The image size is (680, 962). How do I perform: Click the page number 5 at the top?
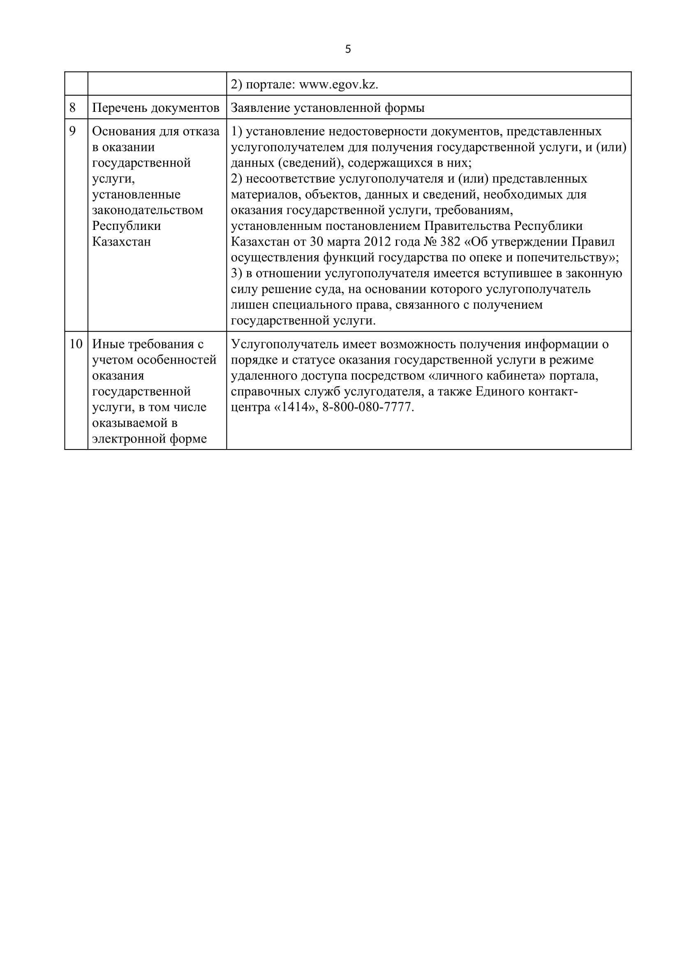tap(348, 49)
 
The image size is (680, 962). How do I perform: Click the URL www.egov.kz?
tap(338, 85)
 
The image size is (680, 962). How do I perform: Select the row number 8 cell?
tap(73, 108)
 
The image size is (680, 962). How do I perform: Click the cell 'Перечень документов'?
tap(155, 108)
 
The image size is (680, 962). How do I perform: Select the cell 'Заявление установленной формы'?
tap(327, 108)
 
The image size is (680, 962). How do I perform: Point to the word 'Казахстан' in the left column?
tap(121, 242)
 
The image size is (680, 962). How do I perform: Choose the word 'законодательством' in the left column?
tap(148, 210)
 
